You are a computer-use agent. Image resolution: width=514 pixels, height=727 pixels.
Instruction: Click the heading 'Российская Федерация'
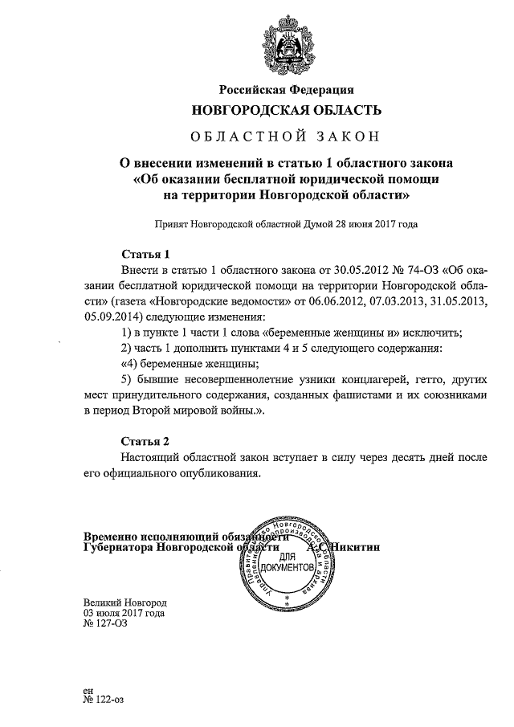coord(287,89)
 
